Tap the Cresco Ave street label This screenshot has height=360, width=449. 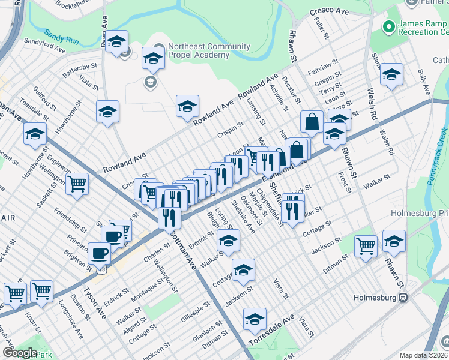pyautogui.click(x=330, y=11)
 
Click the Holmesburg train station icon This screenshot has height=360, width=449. pyautogui.click(x=404, y=297)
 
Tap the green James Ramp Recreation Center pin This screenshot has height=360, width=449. pyautogui.click(x=387, y=27)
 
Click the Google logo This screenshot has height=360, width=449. pyautogui.click(x=19, y=353)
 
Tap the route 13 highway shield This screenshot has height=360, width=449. pyautogui.click(x=101, y=271)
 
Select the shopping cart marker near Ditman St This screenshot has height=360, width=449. pyautogui.click(x=366, y=245)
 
